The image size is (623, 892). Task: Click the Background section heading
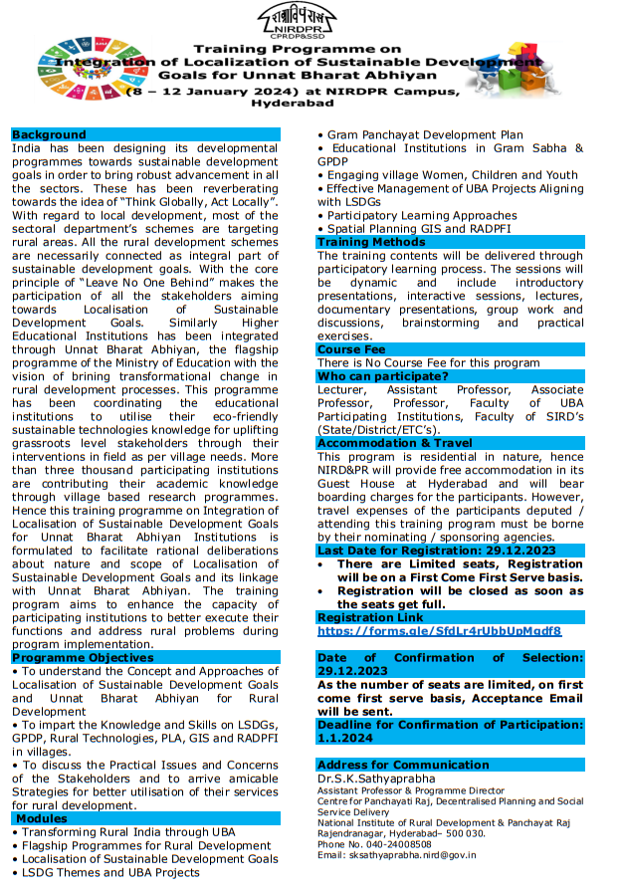(x=49, y=135)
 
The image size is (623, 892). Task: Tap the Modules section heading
(x=41, y=818)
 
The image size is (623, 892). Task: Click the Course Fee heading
(x=350, y=349)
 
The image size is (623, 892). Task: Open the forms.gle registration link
(x=440, y=631)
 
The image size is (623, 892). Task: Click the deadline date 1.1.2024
(x=342, y=739)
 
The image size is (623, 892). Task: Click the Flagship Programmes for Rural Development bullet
(x=145, y=845)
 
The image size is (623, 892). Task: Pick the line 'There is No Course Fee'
(x=428, y=363)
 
